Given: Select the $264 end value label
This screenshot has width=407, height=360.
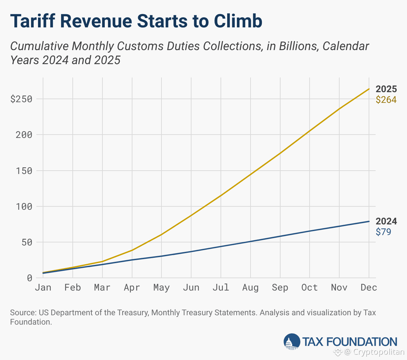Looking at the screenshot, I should point(386,100).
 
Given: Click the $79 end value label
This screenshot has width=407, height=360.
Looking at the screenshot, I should point(383,232).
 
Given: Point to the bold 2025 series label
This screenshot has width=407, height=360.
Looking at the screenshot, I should point(386,89).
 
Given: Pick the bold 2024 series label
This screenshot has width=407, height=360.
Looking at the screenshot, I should point(386,221).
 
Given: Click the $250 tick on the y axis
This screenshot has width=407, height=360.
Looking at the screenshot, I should point(21,99).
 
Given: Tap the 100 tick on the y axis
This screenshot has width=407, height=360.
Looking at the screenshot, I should point(24,206).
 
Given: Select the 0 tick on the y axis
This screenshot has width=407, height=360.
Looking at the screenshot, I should point(30,278).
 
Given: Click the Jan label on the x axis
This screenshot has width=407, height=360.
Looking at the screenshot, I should point(43,288).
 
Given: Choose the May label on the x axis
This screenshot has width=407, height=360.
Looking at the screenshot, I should point(161,288).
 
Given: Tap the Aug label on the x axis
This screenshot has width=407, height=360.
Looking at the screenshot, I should point(250,288).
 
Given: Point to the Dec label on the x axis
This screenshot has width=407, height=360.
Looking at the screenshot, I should point(369,288).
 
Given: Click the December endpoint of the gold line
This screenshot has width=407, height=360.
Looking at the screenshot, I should point(369,89).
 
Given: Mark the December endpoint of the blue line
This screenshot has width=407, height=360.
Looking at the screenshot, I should point(369,221).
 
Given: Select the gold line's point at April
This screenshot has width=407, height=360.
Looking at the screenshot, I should point(132,250).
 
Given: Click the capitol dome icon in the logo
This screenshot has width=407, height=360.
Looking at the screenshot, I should point(292,342).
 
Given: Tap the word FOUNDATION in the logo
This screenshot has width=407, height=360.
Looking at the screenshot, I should point(361,342).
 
